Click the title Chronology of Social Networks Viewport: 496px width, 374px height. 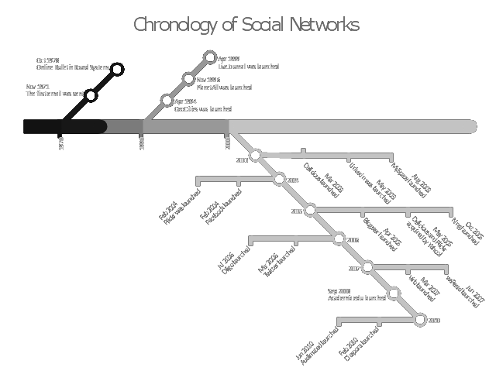[246, 25]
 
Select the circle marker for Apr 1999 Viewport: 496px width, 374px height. [209, 57]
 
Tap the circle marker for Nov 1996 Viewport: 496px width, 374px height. [188, 79]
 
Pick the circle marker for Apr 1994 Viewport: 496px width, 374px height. [167, 100]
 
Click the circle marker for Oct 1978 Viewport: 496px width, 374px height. [117, 69]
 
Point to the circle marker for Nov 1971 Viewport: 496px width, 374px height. [91, 95]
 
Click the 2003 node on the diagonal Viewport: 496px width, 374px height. [256, 156]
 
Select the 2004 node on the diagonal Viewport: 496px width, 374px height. [280, 180]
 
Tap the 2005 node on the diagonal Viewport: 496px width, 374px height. [310, 210]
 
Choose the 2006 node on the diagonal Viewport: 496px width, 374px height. [339, 238]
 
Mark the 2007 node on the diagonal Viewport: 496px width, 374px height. [367, 268]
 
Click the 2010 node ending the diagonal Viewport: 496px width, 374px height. [419, 319]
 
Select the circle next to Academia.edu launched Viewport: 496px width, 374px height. [393, 293]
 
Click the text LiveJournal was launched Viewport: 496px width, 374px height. [248, 67]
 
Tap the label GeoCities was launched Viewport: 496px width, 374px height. [202, 110]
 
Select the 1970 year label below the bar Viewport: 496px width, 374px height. [61, 143]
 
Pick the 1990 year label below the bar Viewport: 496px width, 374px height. [142, 143]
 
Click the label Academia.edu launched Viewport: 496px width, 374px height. [356, 298]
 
